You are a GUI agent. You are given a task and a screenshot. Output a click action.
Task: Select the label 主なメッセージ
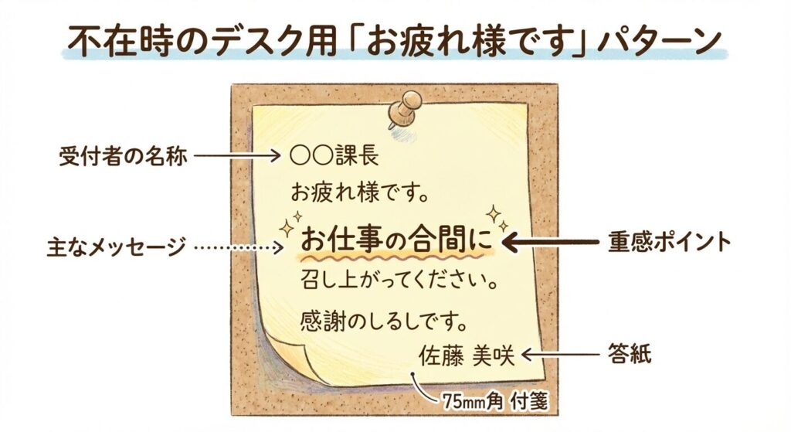point(117,247)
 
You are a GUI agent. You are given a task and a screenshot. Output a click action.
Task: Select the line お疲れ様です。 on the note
point(360,190)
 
